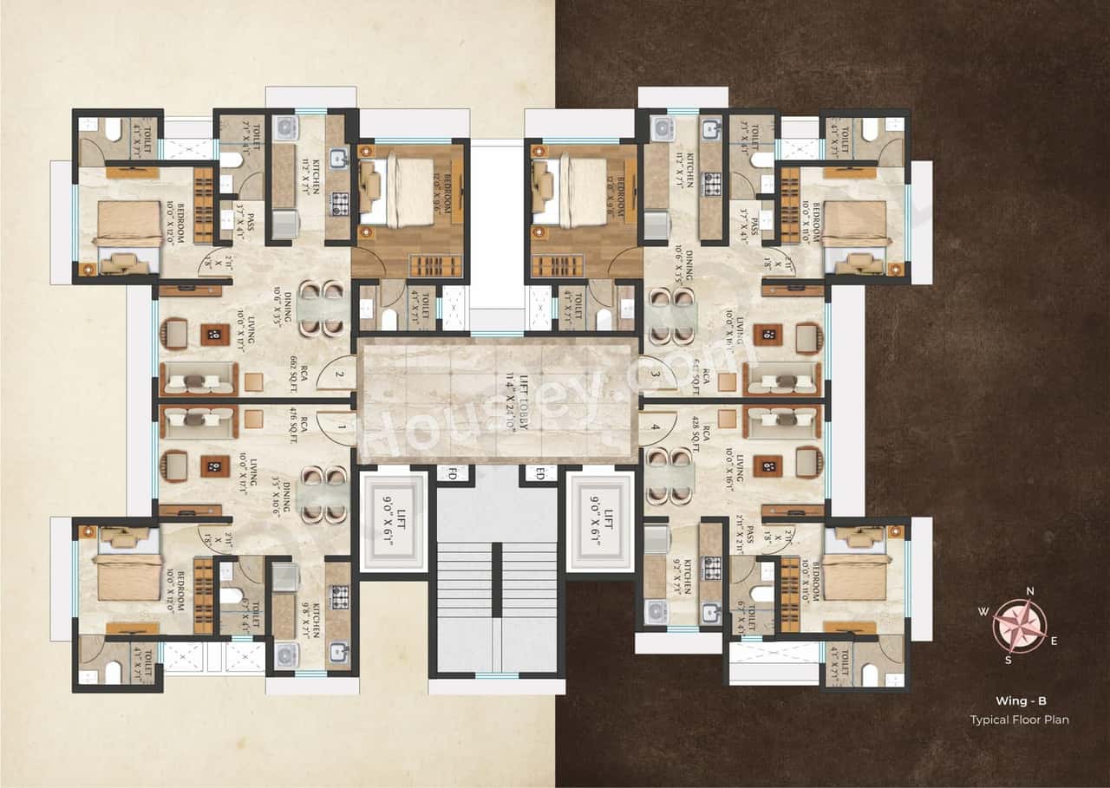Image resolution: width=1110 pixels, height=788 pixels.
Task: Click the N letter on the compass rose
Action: point(1029,592)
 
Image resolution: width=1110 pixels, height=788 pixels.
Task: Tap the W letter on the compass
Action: point(983,611)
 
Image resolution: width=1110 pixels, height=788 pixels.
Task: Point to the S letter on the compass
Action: point(1009,660)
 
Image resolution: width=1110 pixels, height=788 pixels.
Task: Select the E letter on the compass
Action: point(1054,641)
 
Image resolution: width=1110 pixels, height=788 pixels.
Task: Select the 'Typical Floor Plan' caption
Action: point(1019,720)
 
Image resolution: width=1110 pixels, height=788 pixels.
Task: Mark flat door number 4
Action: point(656,427)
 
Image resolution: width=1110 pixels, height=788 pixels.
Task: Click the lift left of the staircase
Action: point(395,519)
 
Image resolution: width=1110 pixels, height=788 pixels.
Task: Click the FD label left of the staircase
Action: point(451,473)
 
